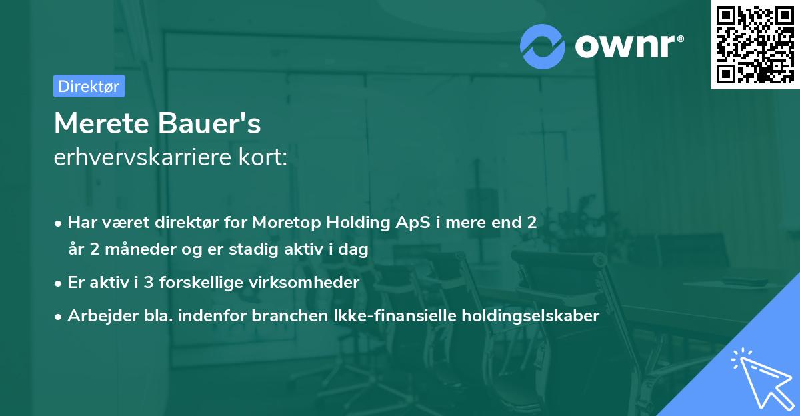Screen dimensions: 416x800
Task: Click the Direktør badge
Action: pyautogui.click(x=89, y=86)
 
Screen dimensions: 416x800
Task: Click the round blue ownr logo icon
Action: pyautogui.click(x=543, y=46)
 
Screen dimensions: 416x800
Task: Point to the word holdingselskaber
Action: pyautogui.click(x=537, y=316)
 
